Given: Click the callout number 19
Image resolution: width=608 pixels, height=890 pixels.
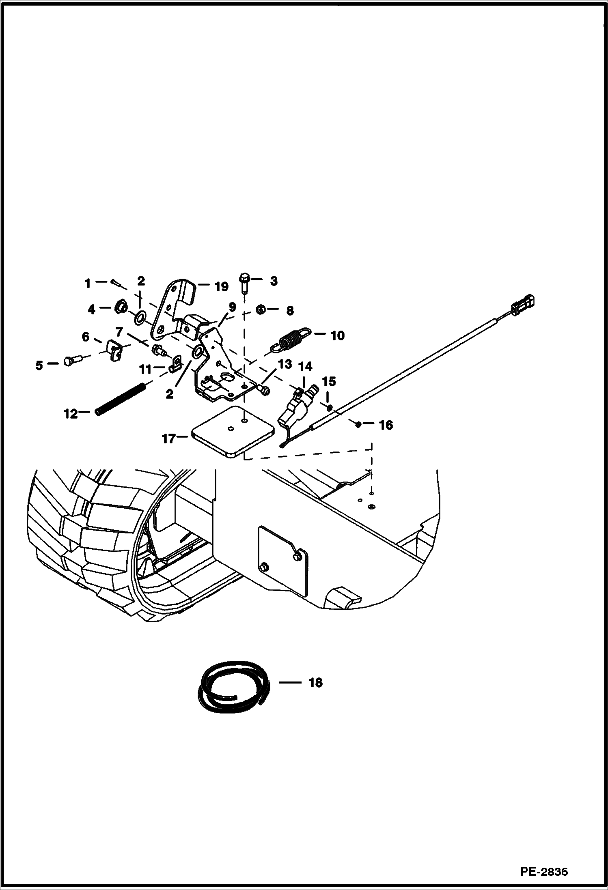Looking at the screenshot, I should point(221,287).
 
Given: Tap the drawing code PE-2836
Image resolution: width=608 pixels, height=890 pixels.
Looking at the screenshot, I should point(544,872).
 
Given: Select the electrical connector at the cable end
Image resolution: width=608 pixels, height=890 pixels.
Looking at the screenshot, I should point(524,305).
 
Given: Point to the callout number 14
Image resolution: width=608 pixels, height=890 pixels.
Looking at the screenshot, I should point(305,367).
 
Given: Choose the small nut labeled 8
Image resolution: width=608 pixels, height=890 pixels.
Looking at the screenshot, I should point(261,310).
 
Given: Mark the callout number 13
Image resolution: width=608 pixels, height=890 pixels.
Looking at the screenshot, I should point(285,364).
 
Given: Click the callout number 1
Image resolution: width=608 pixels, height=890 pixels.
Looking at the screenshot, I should point(87,283).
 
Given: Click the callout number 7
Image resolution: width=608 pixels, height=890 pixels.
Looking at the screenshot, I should point(119,333).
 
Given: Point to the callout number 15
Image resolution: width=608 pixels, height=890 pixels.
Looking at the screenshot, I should point(329,381).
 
